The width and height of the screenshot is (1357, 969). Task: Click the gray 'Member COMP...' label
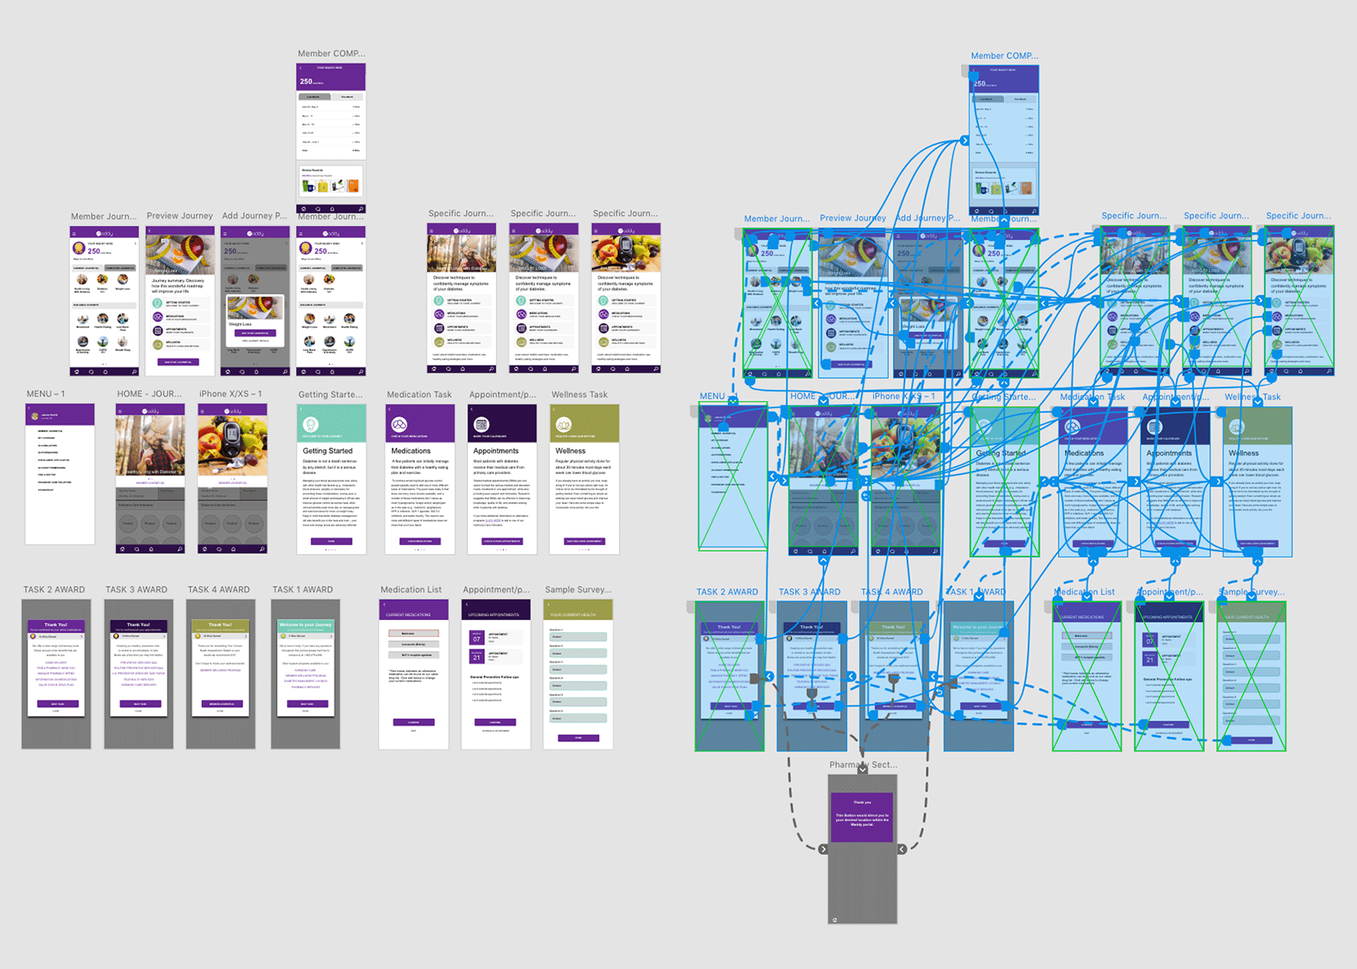[331, 54]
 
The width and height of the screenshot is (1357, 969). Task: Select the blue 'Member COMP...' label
[1004, 56]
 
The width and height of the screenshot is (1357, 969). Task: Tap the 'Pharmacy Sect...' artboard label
[863, 765]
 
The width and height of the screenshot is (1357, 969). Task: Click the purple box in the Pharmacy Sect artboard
[862, 816]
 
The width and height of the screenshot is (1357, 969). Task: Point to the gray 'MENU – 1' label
[46, 394]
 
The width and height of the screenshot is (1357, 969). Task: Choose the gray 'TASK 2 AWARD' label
[54, 590]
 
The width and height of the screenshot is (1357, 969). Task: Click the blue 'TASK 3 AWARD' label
[809, 592]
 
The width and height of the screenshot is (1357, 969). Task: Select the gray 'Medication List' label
[411, 590]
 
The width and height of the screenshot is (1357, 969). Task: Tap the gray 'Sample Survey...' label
[577, 590]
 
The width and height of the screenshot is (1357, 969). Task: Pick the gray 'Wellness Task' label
[579, 395]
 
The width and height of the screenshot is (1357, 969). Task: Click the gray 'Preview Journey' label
[180, 216]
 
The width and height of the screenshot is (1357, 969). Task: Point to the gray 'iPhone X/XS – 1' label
[230, 394]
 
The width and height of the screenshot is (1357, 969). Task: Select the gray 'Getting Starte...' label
[330, 395]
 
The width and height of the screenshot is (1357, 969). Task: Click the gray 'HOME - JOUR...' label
[149, 394]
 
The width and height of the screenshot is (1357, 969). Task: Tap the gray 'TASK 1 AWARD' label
[302, 590]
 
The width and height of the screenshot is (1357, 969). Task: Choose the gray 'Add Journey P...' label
[254, 216]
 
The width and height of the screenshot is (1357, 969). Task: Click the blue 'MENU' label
[712, 396]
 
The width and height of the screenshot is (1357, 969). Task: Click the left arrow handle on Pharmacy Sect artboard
[823, 849]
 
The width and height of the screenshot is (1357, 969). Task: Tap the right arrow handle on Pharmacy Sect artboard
[902, 849]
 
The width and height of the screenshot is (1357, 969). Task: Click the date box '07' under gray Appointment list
[476, 638]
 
